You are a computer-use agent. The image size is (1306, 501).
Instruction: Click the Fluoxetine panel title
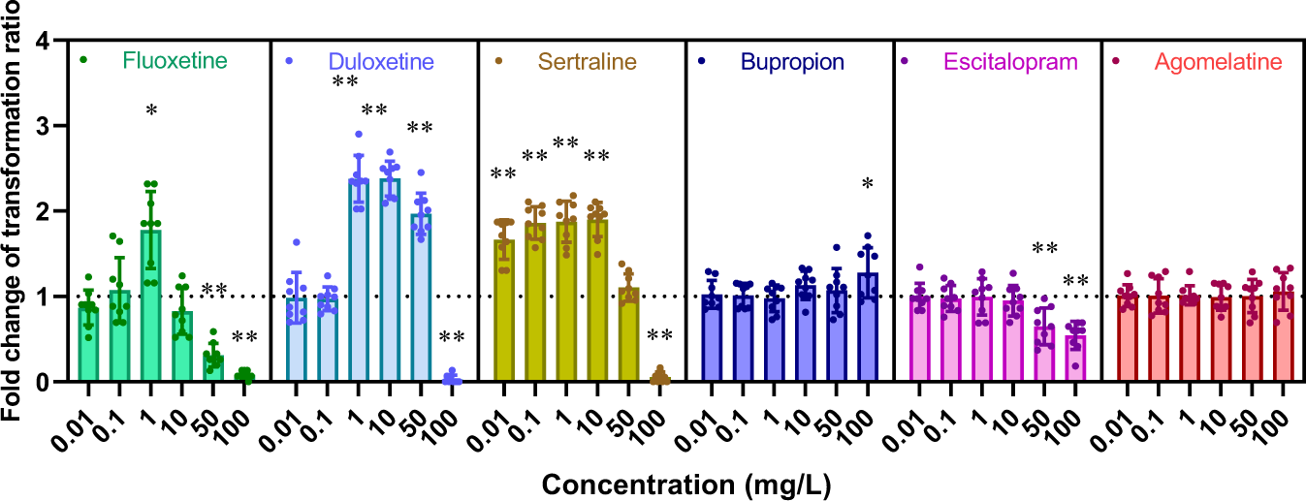tap(175, 62)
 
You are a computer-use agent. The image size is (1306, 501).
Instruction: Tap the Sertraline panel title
tap(588, 62)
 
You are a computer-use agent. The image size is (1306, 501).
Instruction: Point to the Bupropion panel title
tap(792, 62)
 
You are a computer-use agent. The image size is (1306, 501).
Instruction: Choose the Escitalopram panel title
tap(1009, 62)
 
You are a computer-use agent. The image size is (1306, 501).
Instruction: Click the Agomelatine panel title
tap(1218, 62)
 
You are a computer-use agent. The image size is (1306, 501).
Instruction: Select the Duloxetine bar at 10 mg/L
tap(391, 280)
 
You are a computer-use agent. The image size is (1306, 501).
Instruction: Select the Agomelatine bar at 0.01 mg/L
tap(1127, 338)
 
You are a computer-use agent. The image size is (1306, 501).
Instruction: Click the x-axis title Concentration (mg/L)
tap(686, 482)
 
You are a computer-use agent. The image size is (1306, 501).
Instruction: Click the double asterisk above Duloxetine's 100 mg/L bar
tap(452, 338)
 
